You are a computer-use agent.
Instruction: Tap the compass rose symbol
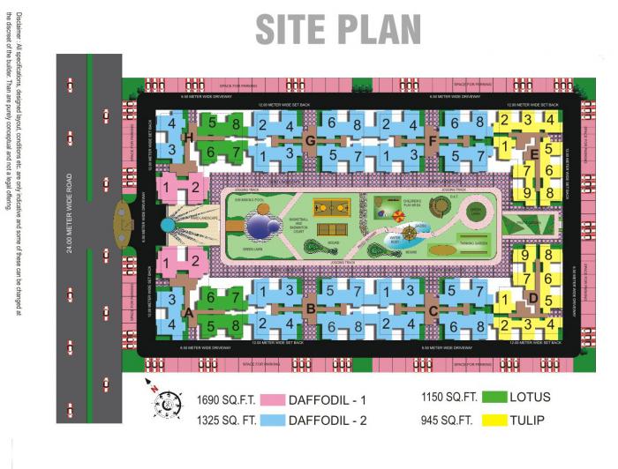(x=163, y=404)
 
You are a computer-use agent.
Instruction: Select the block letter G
(x=310, y=140)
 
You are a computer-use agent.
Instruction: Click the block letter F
(x=432, y=140)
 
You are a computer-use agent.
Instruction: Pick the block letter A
(x=187, y=310)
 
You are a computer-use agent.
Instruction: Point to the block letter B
(x=310, y=308)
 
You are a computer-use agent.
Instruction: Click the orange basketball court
(x=331, y=209)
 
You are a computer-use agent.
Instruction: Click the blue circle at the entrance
(x=167, y=226)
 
